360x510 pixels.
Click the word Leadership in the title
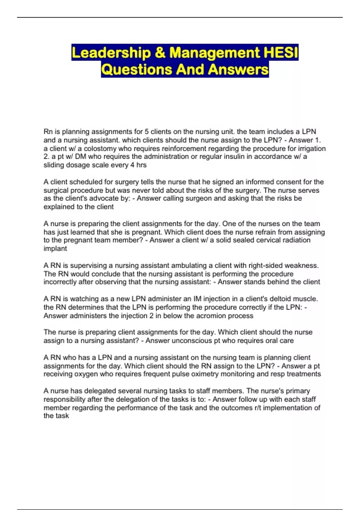click(x=111, y=53)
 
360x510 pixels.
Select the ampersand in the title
click(x=160, y=53)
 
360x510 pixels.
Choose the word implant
click(x=55, y=248)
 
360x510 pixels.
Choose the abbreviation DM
click(x=80, y=157)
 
